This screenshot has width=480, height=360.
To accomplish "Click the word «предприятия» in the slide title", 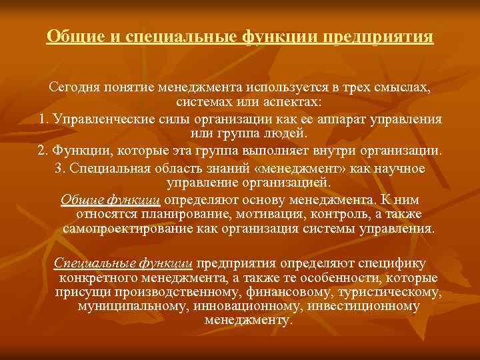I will (x=378, y=35).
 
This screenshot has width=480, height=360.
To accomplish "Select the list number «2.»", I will (x=44, y=149).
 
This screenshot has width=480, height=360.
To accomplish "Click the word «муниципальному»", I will (x=132, y=306).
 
